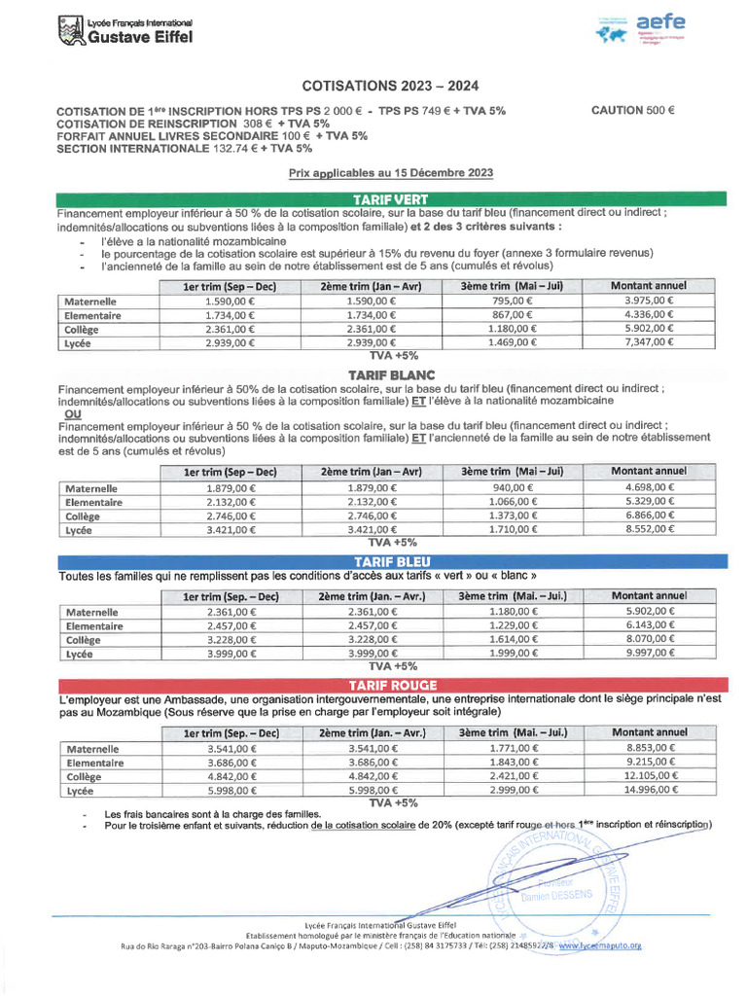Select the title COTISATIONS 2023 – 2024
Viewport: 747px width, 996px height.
tap(392, 86)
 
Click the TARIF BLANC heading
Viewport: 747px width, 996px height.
tap(392, 374)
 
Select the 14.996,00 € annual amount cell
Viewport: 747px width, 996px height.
tap(649, 792)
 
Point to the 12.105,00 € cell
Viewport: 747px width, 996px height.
tap(649, 777)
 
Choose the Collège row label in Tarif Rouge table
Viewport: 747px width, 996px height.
tap(84, 777)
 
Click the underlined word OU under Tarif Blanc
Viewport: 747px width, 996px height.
tap(72, 412)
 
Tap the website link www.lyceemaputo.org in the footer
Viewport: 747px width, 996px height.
tap(600, 944)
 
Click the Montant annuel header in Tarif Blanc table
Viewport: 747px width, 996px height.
tap(649, 472)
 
